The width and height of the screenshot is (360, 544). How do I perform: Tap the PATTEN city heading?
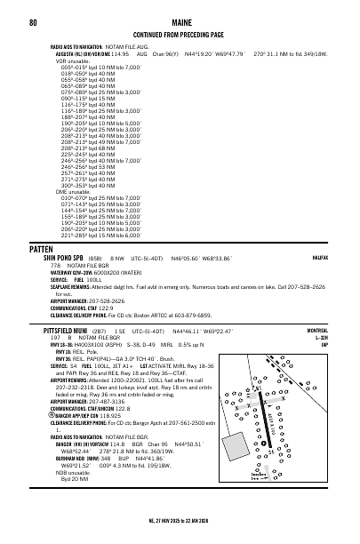43,249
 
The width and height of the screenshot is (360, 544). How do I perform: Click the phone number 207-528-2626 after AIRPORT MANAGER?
104,300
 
